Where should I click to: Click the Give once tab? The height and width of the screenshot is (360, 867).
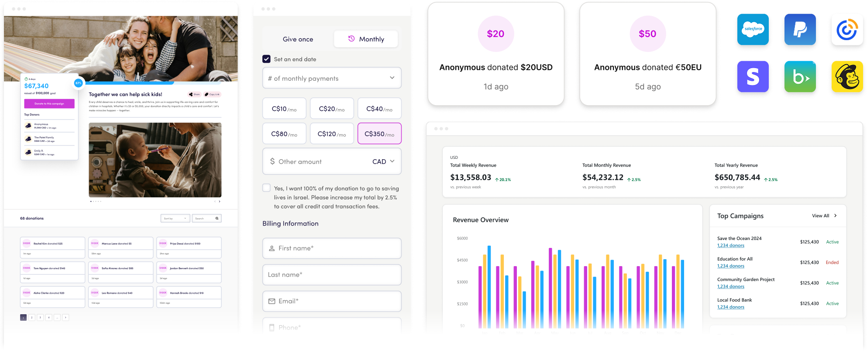point(298,39)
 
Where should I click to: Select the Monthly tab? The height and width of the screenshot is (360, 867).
point(366,39)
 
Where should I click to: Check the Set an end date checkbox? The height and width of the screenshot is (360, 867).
point(266,59)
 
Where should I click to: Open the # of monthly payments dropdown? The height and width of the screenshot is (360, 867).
point(332,79)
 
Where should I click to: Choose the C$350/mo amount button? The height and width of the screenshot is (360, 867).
point(379,134)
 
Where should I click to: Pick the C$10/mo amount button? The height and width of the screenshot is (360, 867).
point(284,109)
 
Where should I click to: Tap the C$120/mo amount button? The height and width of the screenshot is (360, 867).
point(332,134)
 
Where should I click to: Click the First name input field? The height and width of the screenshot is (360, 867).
point(332,248)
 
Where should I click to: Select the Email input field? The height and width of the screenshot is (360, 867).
point(332,301)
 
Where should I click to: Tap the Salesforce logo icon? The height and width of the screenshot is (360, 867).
point(753,29)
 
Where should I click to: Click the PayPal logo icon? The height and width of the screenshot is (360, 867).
point(800,29)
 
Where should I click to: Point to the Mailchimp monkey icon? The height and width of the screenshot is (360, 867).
point(847,77)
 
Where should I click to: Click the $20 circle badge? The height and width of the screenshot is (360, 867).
point(495,34)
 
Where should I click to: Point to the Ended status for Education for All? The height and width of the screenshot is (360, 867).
point(832,262)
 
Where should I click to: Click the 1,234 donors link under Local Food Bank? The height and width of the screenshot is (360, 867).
point(731,307)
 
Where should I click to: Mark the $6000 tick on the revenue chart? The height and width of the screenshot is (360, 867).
point(462,238)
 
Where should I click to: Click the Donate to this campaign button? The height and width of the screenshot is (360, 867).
point(49,103)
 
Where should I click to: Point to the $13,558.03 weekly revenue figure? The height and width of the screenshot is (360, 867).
point(471,177)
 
